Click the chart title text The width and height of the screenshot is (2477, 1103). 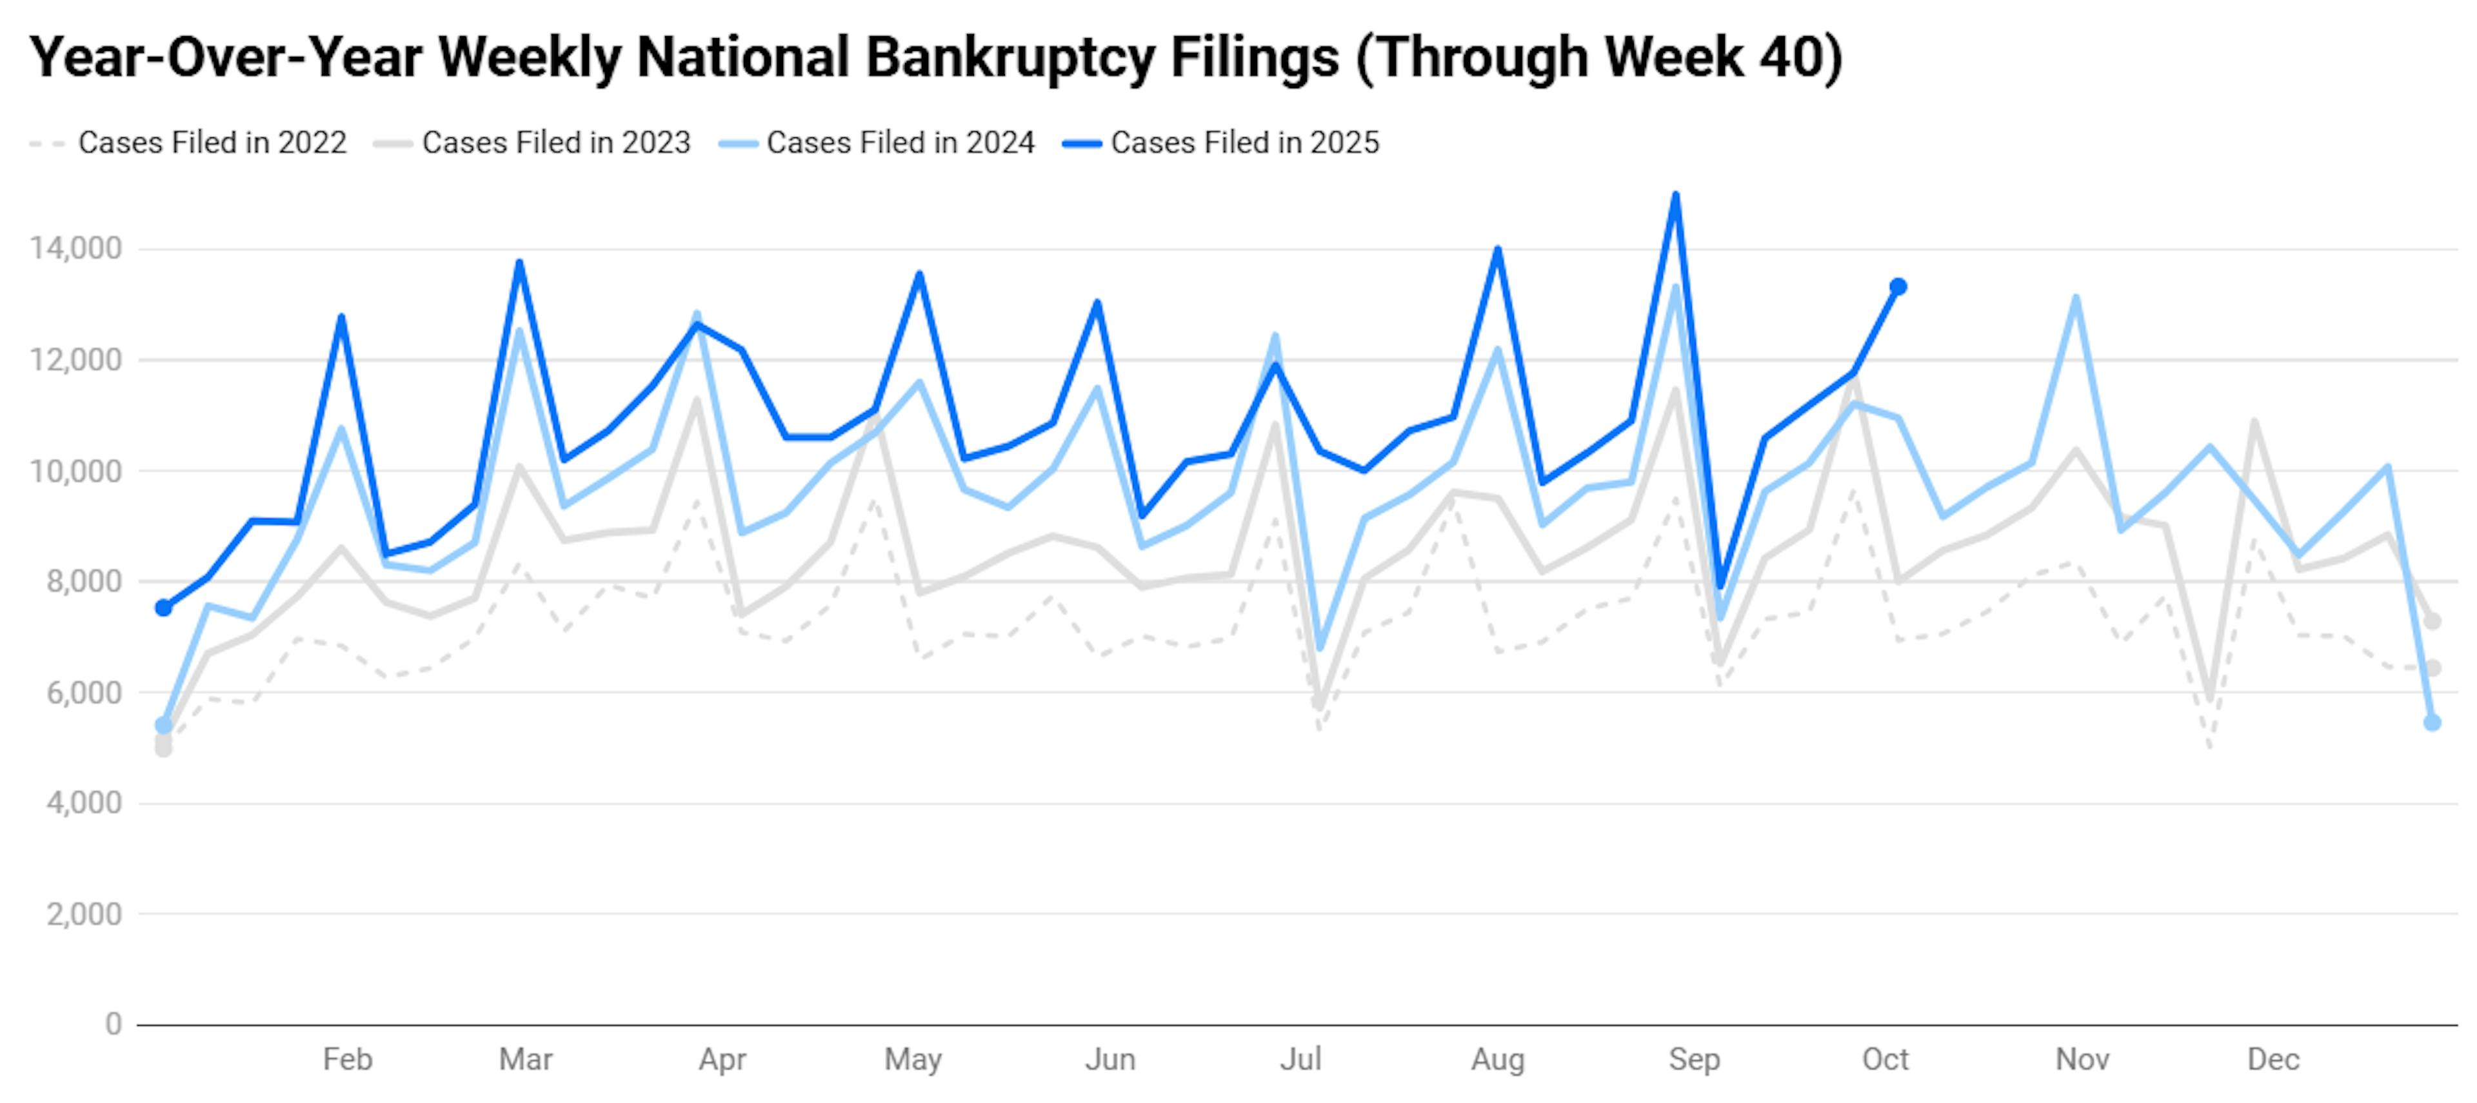[935, 57]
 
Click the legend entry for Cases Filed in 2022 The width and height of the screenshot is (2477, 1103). [212, 143]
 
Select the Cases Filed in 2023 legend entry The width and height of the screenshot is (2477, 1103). [556, 143]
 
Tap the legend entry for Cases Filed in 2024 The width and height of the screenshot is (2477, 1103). [900, 143]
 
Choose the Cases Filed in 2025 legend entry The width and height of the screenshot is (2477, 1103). [1244, 143]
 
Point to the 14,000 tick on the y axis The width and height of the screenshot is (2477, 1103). [76, 249]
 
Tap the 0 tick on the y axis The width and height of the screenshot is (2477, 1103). [114, 1024]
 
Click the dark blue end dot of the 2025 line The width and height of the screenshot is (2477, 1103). [1898, 286]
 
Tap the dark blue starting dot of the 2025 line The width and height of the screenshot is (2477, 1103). [163, 608]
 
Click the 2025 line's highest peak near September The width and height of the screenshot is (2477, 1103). [1676, 195]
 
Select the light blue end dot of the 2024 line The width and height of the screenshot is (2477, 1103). [2432, 723]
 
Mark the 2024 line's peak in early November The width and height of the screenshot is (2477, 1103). [2076, 298]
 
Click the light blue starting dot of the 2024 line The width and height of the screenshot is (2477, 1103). [163, 725]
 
